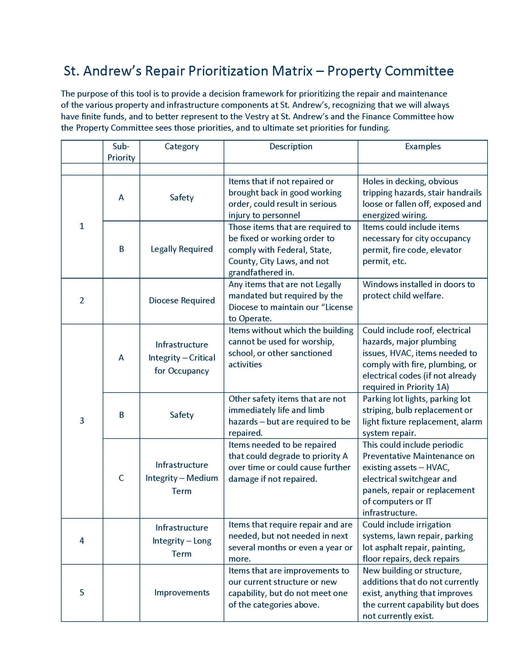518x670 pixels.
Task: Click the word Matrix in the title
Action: coord(292,71)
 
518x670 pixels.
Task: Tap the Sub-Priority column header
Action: coord(121,152)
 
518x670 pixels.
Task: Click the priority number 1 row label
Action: coord(82,226)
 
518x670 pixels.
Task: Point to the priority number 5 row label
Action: coord(82,592)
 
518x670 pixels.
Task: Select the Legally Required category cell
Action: coord(182,249)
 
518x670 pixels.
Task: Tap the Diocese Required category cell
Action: coord(182,300)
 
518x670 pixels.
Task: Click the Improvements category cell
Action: coord(182,592)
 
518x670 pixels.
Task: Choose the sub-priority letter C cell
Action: coord(121,478)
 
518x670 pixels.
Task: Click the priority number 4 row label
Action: coord(82,541)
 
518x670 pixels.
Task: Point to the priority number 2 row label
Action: coord(82,300)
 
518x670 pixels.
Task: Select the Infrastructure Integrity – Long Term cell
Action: coord(182,541)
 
